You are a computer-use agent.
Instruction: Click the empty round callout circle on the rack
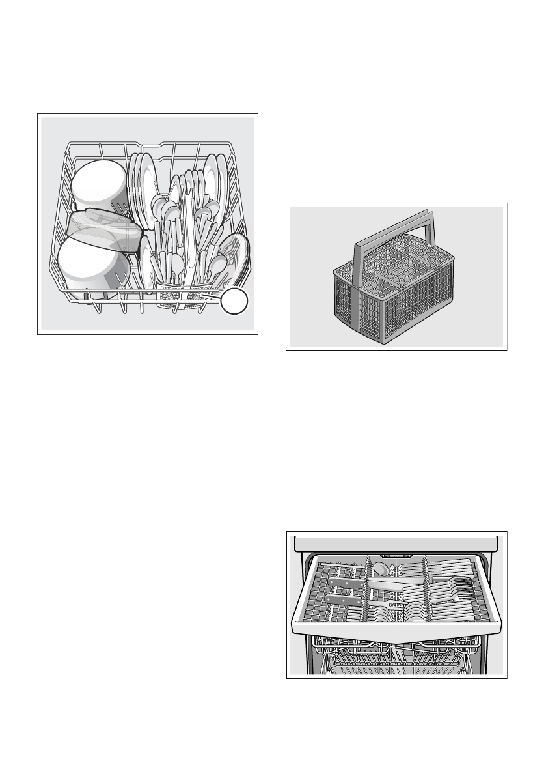coord(234,302)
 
